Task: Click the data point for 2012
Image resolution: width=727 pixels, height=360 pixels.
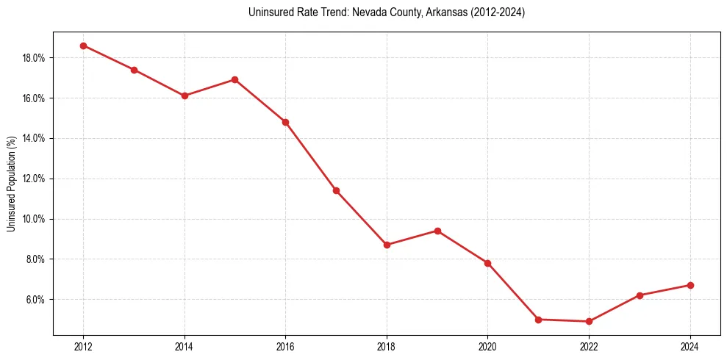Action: tap(83, 46)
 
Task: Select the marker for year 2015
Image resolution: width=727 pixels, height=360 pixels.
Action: tap(234, 79)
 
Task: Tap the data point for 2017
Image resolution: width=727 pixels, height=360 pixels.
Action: tap(336, 190)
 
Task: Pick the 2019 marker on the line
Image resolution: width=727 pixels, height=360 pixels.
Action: tap(437, 231)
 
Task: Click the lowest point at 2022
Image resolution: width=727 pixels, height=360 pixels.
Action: tap(589, 321)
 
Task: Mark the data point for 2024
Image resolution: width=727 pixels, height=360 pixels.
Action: tap(690, 285)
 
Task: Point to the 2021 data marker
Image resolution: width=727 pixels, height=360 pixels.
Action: tap(538, 320)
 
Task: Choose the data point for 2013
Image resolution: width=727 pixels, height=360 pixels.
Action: tap(134, 70)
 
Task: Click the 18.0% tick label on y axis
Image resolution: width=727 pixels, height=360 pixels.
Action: tap(34, 58)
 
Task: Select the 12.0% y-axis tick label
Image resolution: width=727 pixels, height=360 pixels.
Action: tap(34, 179)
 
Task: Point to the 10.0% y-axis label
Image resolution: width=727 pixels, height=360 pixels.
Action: tap(34, 219)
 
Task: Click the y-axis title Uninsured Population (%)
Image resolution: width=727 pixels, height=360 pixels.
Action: tap(11, 184)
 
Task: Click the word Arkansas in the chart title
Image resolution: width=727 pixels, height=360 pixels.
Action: tap(444, 12)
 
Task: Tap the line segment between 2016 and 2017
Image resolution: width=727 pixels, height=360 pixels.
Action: tap(310, 156)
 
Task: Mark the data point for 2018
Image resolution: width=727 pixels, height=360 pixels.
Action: tap(387, 245)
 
